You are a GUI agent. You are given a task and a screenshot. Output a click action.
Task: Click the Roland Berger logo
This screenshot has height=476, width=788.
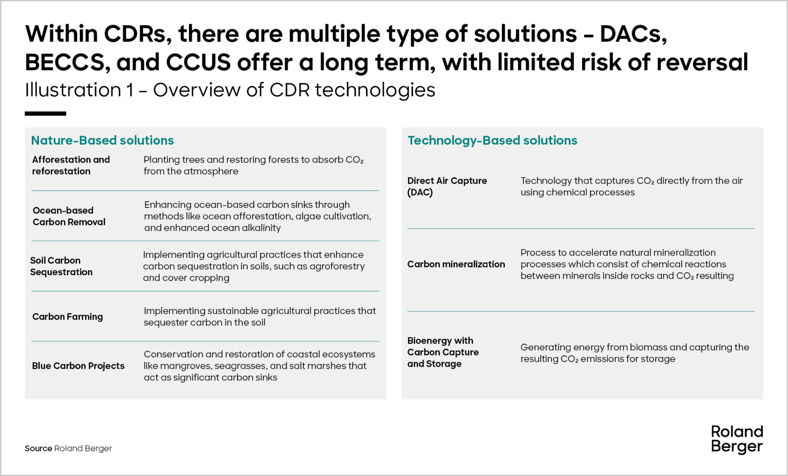click(737, 440)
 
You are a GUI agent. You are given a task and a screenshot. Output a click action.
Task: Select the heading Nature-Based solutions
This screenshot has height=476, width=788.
click(102, 140)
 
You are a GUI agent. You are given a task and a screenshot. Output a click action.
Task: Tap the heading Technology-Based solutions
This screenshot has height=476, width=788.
click(492, 141)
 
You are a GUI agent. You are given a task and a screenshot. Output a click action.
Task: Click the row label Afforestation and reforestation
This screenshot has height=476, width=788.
click(71, 165)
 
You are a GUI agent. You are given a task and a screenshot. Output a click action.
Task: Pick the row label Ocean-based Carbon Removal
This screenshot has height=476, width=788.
click(69, 216)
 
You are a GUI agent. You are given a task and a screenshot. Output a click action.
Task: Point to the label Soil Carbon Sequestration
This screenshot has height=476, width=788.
click(61, 266)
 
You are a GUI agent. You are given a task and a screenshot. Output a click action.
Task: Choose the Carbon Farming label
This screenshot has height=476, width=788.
click(67, 317)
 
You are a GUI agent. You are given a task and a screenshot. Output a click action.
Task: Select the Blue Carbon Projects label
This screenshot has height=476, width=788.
click(78, 366)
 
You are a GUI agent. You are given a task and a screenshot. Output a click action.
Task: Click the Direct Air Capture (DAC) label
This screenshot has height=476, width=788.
click(447, 187)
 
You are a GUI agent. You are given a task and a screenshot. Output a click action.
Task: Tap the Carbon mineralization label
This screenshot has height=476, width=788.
click(456, 264)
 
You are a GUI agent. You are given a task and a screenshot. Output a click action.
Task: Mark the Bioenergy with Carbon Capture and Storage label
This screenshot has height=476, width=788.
click(443, 352)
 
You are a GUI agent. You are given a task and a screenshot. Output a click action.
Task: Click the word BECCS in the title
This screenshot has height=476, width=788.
click(65, 62)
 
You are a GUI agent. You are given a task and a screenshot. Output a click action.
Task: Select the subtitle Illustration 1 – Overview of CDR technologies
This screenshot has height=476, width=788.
click(230, 90)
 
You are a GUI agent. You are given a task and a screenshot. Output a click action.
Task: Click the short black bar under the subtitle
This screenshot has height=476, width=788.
click(45, 114)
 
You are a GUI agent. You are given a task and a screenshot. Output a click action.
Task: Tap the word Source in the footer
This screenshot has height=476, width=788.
click(38, 448)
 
